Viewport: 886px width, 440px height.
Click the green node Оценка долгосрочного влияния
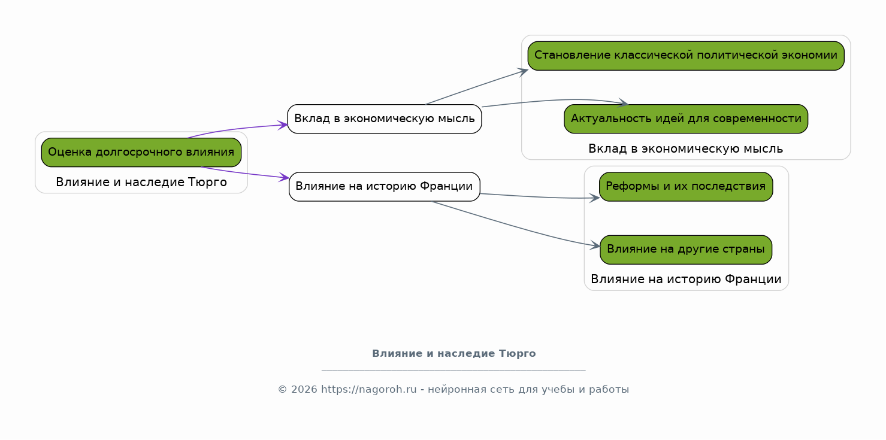141,152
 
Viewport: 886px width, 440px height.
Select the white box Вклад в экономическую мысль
385,119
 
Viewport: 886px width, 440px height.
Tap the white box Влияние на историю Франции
385,187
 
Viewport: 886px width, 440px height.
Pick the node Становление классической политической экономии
686,56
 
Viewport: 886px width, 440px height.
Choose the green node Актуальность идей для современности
686,119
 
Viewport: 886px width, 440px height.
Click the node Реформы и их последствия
686,187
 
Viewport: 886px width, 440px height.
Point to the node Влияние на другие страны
686,250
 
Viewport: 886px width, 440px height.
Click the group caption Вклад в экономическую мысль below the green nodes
685,149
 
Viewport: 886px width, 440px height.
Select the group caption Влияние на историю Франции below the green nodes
686,279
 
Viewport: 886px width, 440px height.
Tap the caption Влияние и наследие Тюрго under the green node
141,182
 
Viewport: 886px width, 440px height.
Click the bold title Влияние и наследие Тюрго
453,353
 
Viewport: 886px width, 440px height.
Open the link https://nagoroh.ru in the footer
368,389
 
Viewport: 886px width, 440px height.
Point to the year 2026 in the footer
304,389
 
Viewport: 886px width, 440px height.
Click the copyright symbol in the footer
282,389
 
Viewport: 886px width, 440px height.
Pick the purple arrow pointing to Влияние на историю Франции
245,173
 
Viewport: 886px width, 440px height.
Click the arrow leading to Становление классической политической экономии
477,87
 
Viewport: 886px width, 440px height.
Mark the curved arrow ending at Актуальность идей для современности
554,101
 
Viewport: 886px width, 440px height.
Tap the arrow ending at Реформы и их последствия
540,197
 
